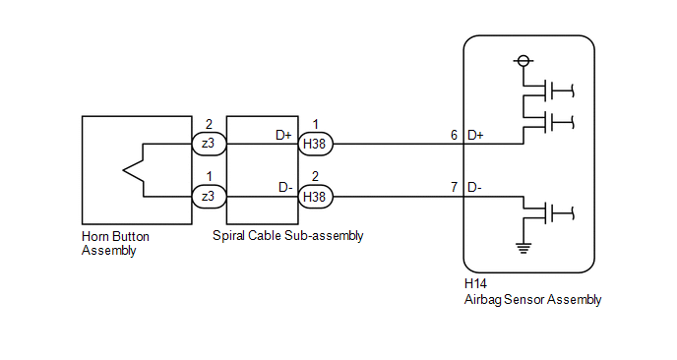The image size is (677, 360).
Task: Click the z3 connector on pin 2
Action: [x=208, y=144]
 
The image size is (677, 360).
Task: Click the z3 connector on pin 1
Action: [x=208, y=196]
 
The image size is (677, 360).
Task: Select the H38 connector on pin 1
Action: [x=315, y=144]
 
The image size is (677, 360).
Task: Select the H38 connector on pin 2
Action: [x=315, y=196]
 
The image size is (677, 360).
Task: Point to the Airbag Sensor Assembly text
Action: [x=531, y=300]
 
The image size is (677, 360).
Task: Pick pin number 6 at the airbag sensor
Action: [x=455, y=134]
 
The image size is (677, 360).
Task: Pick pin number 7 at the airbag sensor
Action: [x=455, y=186]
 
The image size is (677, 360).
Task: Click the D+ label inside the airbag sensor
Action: [x=475, y=134]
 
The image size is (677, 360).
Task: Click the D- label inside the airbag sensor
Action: [x=474, y=186]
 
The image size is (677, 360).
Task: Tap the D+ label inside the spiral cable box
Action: [x=283, y=134]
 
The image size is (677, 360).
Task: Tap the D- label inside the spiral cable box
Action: [x=283, y=186]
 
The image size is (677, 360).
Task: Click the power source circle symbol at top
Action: [x=523, y=61]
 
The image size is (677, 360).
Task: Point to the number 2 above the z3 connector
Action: [x=208, y=126]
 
